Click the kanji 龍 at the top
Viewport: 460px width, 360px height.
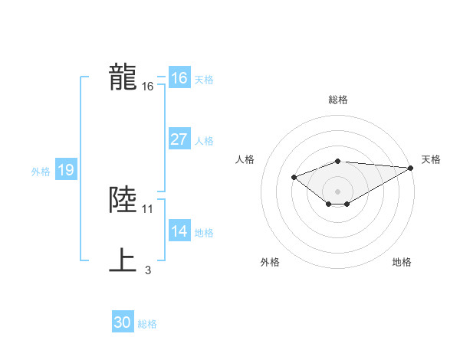coord(123,77)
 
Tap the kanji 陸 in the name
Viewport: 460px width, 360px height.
coord(123,200)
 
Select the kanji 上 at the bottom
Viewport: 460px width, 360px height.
coord(123,260)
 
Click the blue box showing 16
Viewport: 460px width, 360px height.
coord(179,79)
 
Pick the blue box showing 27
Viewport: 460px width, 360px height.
coord(179,139)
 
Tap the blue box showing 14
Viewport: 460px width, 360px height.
coord(179,231)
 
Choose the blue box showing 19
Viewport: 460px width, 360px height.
coord(65,171)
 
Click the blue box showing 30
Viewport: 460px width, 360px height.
coord(123,322)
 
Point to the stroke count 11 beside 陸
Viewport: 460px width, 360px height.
coord(148,208)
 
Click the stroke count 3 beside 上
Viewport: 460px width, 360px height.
coord(148,270)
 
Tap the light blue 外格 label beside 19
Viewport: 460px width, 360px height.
coord(41,172)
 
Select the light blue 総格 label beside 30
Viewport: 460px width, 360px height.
coord(147,324)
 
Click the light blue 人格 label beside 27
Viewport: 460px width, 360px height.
coord(204,141)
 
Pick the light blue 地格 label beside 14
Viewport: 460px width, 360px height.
coord(204,233)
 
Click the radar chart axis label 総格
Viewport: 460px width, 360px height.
coord(337,100)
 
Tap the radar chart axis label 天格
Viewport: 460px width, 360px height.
coord(432,159)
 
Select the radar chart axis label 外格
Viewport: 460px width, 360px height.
coord(270,262)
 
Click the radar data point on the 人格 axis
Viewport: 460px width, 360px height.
coord(294,177)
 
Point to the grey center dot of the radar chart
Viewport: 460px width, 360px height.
coord(337,191)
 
